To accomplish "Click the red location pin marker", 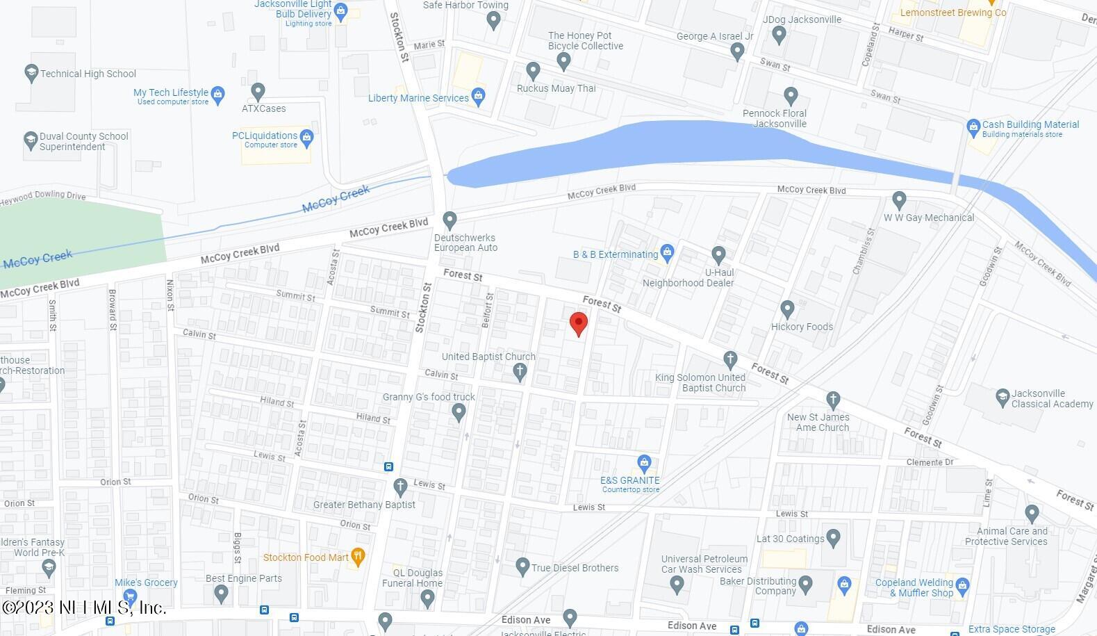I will (x=579, y=324).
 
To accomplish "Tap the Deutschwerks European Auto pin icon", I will (x=449, y=220).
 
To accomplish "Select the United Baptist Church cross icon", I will (x=520, y=372).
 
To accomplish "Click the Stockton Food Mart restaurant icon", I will (x=358, y=556).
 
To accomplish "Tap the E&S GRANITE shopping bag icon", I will (x=644, y=462).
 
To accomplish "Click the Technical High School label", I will (x=88, y=74).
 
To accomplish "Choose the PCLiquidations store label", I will (x=265, y=136).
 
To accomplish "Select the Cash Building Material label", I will (x=1030, y=125).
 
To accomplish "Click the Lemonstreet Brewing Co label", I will (x=952, y=13).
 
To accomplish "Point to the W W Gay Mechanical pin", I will (x=899, y=200).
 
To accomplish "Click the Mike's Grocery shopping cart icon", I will (x=129, y=596).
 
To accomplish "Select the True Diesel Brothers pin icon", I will (x=523, y=566).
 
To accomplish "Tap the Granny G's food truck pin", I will (x=459, y=413).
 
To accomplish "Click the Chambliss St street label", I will (x=862, y=250).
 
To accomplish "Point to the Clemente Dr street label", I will (x=930, y=462).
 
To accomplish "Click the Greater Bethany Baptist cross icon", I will (x=399, y=487).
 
